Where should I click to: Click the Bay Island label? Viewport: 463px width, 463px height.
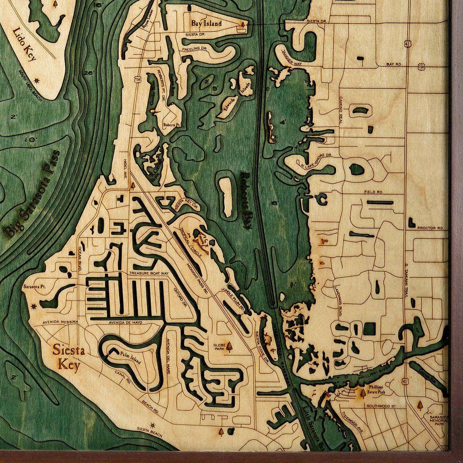pyautogui.click(x=206, y=24)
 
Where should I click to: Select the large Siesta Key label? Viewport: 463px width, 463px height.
pyautogui.click(x=69, y=357)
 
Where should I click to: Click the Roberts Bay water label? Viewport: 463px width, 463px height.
pyautogui.click(x=246, y=199)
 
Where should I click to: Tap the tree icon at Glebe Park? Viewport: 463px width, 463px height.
pyautogui.click(x=229, y=347)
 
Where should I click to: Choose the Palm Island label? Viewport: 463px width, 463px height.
pyautogui.click(x=129, y=358)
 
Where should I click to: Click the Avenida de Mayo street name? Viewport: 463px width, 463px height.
pyautogui.click(x=126, y=322)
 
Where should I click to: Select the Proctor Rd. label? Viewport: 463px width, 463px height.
pyautogui.click(x=430, y=228)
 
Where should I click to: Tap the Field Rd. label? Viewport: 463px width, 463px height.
pyautogui.click(x=373, y=192)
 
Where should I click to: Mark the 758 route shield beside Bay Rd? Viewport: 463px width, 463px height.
pyautogui.click(x=421, y=67)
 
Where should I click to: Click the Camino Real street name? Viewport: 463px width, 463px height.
pyautogui.click(x=340, y=110)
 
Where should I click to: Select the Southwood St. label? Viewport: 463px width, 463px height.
pyautogui.click(x=381, y=406)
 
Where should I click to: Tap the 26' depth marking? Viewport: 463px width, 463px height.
pyautogui.click(x=88, y=73)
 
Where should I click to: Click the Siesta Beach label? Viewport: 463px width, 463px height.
pyautogui.click(x=149, y=432)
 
